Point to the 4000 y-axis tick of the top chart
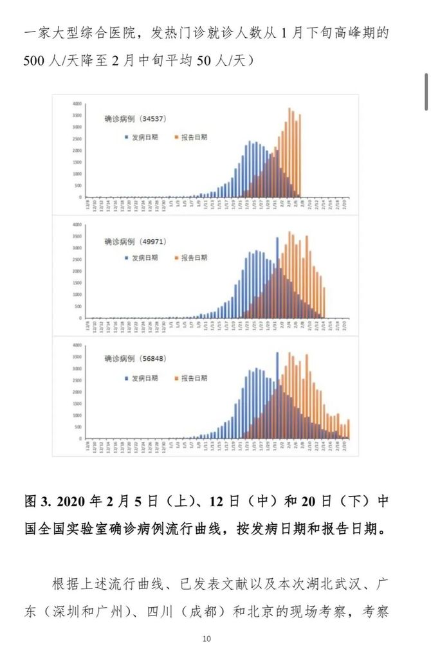tap(77, 104)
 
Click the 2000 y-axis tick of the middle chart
tap(77, 271)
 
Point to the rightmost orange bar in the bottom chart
tap(348, 428)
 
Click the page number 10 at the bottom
tap(206, 639)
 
